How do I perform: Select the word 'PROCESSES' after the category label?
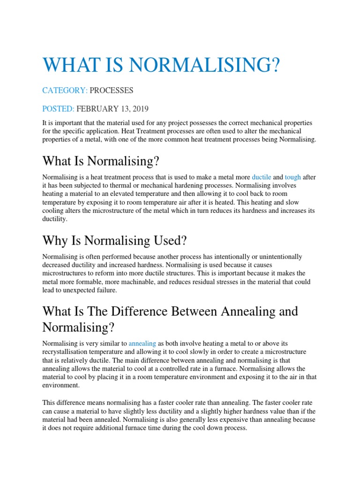click(112, 90)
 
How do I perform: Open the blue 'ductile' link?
click(262, 178)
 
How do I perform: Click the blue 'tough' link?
click(293, 178)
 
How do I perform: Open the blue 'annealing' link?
click(142, 343)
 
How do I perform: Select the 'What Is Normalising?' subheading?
click(101, 161)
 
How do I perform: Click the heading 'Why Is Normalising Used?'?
click(114, 240)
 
